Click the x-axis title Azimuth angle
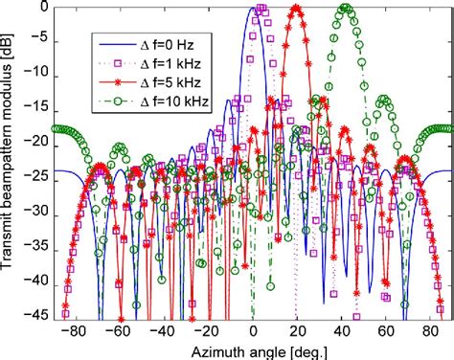click(x=253, y=350)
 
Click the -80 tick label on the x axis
click(x=67, y=331)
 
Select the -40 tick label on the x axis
click(x=160, y=331)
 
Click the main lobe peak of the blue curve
click(x=253, y=8)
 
